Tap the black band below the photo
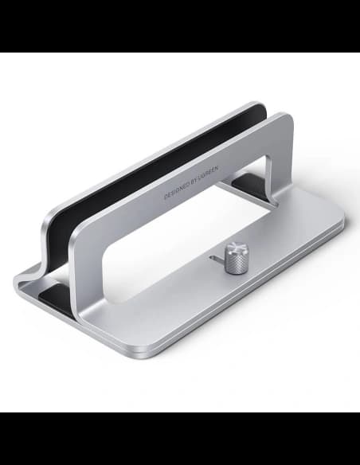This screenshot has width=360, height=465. (x=180, y=439)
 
